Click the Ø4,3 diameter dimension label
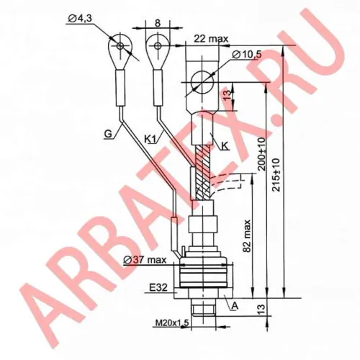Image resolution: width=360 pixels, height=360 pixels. coord(80,19)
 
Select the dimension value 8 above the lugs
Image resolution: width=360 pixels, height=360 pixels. coord(158,23)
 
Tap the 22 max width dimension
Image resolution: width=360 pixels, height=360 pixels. coord(211,38)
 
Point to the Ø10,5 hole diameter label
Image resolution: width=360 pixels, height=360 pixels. coord(247,55)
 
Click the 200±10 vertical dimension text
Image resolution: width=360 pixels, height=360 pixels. coord(263,154)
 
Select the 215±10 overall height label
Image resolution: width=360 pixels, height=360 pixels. coord(276,174)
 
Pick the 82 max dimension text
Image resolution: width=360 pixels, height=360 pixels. coord(247,235)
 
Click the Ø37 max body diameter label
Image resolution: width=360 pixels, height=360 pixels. coord(144,260)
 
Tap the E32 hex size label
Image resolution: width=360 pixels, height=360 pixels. coord(158,287)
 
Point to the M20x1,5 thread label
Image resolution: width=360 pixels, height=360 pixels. coord(172,323)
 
